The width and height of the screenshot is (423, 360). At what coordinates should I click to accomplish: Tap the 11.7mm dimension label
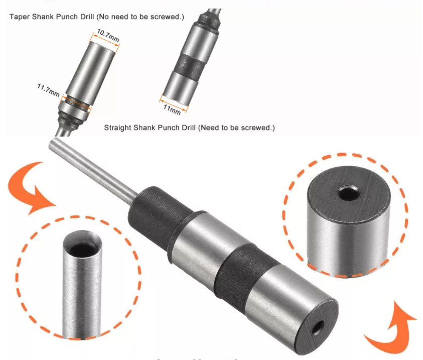click(x=48, y=90)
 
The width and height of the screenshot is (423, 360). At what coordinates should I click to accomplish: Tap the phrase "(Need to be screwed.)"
click(x=236, y=128)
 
